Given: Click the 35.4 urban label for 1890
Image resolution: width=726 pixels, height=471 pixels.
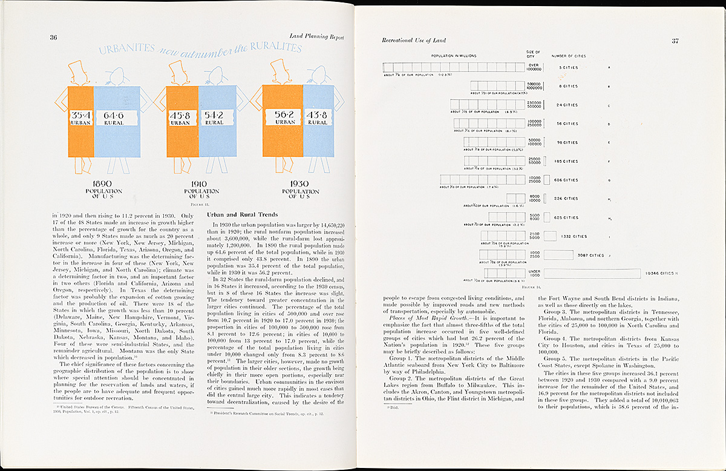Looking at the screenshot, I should click(x=80, y=118).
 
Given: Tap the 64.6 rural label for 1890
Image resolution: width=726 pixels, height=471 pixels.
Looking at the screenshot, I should click(x=114, y=118).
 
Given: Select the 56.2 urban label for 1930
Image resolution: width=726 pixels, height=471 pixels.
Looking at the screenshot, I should click(x=285, y=117).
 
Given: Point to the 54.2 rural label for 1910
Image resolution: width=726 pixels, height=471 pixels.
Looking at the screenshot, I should click(x=214, y=118).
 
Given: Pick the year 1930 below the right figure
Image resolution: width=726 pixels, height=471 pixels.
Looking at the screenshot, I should click(x=299, y=184).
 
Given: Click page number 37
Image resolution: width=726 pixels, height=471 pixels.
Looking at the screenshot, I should click(x=675, y=41).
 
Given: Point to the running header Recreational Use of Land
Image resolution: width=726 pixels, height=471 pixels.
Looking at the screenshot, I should click(x=414, y=41).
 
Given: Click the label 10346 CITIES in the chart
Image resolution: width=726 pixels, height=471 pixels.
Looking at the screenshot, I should click(x=661, y=274).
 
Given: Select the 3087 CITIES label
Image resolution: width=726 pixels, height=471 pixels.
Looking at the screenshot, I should click(x=607, y=255).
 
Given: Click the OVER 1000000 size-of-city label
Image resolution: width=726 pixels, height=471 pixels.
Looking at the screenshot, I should click(x=533, y=67).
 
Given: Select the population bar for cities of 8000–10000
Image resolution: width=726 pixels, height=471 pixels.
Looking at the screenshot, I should click(x=515, y=199).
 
